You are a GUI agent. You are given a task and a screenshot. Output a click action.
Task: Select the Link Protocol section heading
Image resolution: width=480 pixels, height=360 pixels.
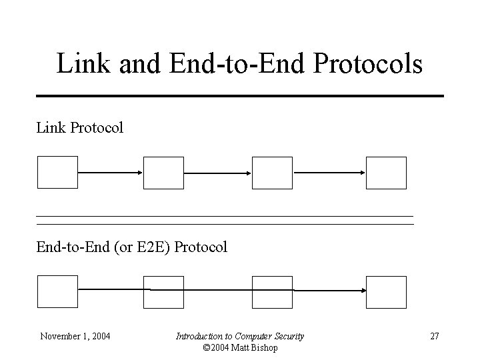tap(80, 127)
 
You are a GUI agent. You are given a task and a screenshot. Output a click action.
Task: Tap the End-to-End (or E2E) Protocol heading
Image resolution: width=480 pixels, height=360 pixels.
tap(132, 247)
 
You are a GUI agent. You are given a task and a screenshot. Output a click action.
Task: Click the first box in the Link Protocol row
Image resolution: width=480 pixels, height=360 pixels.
tap(57, 173)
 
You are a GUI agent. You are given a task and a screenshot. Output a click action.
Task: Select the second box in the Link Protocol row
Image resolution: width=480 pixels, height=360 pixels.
tap(163, 173)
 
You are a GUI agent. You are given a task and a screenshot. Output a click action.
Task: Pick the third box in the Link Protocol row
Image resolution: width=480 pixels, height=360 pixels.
tap(272, 173)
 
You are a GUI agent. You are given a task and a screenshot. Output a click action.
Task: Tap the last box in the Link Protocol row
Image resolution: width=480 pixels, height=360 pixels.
tap(386, 173)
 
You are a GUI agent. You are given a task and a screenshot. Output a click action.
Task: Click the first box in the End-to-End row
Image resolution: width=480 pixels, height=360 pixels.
tap(57, 292)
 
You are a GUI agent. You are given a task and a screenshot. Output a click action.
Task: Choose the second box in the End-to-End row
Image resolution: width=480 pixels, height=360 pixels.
tap(163, 292)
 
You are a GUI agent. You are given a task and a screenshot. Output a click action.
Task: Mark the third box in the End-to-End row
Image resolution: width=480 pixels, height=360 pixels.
tap(272, 292)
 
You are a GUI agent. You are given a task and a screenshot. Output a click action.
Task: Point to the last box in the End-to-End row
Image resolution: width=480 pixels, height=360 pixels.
tap(386, 292)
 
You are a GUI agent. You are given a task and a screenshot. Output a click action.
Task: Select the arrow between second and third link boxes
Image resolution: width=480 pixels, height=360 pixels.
tap(217, 173)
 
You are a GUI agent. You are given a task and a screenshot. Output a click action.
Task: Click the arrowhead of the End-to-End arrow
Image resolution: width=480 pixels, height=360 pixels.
tap(363, 291)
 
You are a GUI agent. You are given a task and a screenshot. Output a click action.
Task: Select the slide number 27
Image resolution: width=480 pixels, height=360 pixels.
tap(434, 336)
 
